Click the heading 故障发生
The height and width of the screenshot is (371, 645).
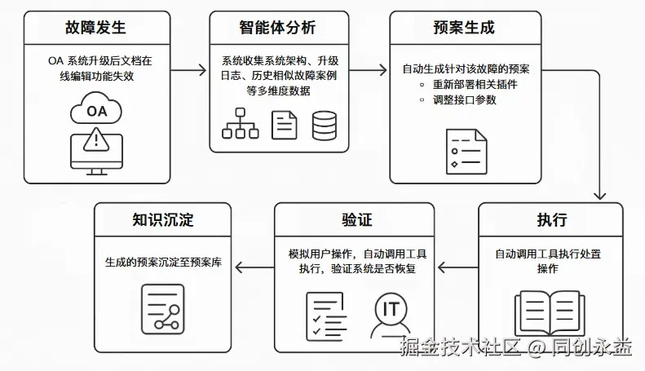pyautogui.click(x=96, y=28)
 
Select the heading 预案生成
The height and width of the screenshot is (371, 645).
pyautogui.click(x=463, y=28)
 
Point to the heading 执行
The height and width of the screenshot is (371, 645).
pyautogui.click(x=551, y=219)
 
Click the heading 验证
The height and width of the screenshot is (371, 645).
pyautogui.click(x=356, y=219)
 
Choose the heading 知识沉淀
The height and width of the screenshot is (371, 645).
pyautogui.click(x=163, y=219)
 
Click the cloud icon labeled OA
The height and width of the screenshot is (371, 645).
pyautogui.click(x=96, y=111)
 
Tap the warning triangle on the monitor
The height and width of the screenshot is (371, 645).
pyautogui.click(x=96, y=139)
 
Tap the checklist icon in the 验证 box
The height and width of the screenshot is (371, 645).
pyautogui.click(x=325, y=314)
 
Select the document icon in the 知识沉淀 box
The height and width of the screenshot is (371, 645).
pyautogui.click(x=162, y=307)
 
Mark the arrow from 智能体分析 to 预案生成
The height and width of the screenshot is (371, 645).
pyautogui.click(x=372, y=71)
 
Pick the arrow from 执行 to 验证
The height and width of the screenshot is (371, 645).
pyautogui.click(x=457, y=266)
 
